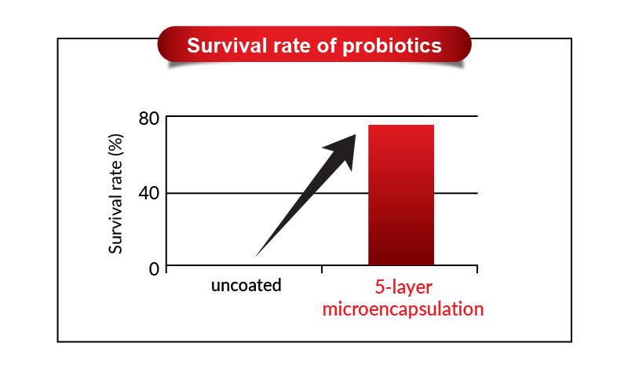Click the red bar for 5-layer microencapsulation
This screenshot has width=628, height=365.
(x=401, y=195)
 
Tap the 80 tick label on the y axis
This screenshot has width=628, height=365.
(x=149, y=119)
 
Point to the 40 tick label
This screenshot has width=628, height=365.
(x=149, y=194)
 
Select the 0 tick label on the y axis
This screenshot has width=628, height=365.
(x=154, y=268)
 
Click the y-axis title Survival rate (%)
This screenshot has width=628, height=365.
(x=115, y=194)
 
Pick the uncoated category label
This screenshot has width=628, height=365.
(x=246, y=285)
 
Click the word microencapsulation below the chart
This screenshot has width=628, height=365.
(x=403, y=309)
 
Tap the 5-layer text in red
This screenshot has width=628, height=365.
(x=403, y=287)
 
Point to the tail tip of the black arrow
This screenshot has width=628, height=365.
(x=256, y=256)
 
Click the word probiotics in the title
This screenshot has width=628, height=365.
(x=392, y=46)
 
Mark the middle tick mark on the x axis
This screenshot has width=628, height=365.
(x=322, y=268)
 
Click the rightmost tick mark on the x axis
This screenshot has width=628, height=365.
(x=477, y=268)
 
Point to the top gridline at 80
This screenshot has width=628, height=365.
(x=322, y=116)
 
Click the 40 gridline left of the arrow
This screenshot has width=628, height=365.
(x=240, y=194)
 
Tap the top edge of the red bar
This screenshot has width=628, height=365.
(x=401, y=125)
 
